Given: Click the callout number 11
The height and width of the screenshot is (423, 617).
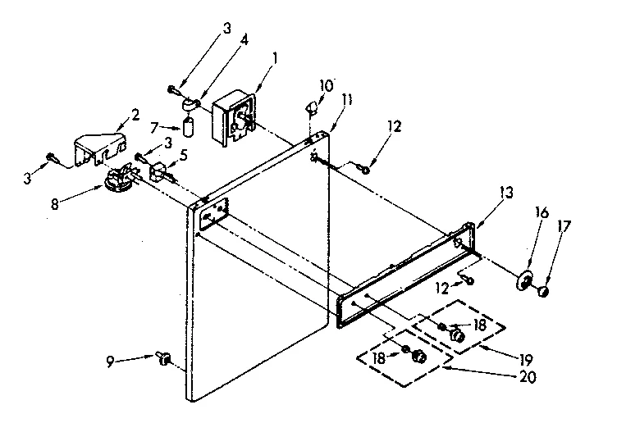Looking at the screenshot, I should coord(347,99).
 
